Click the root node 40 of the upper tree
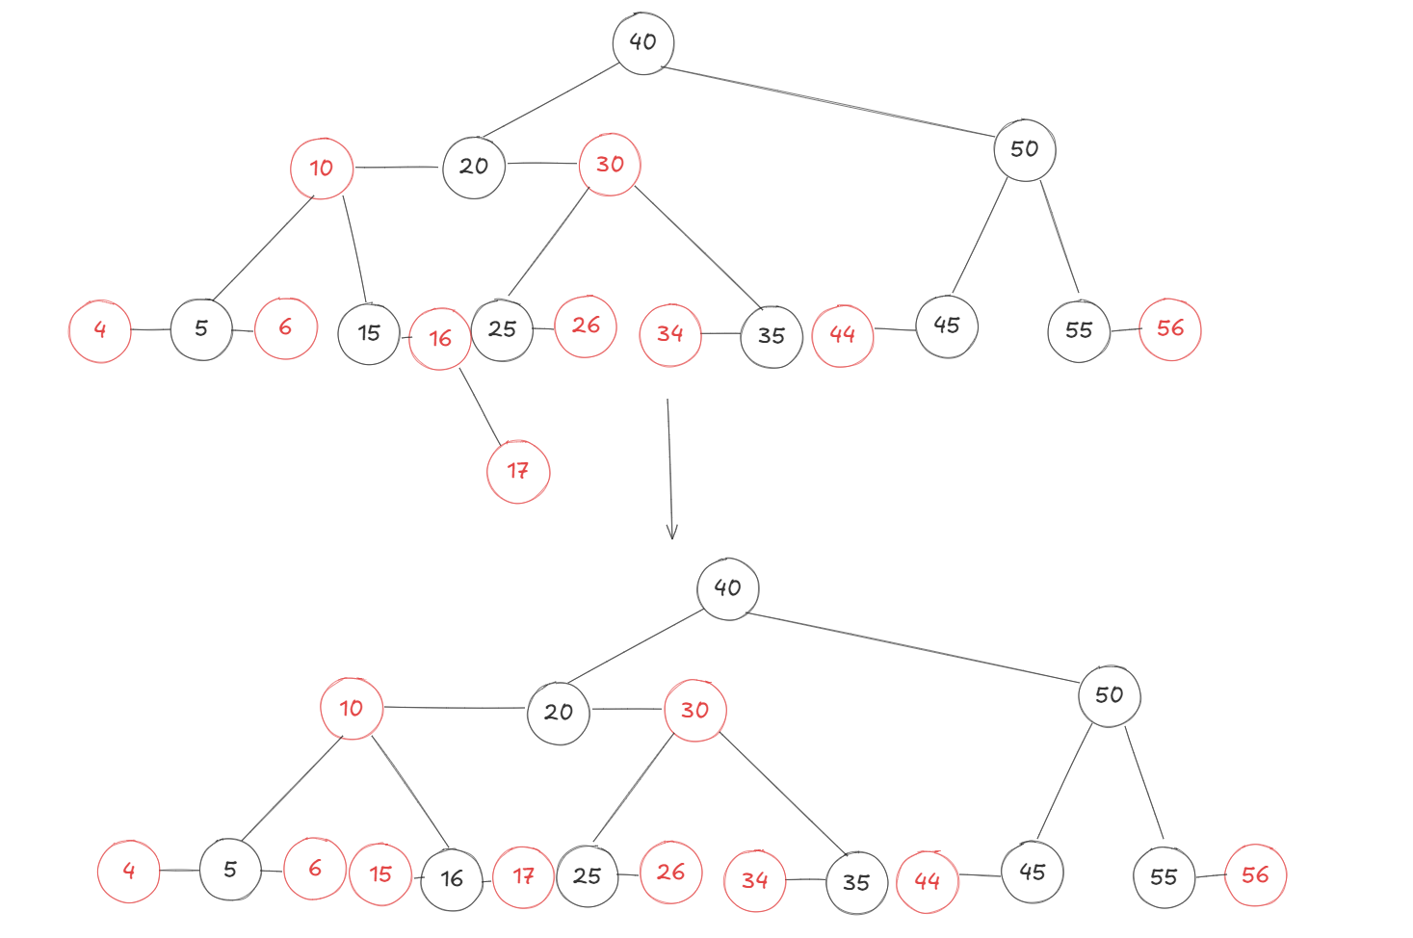(642, 43)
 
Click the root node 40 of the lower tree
(727, 588)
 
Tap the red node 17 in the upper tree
(518, 472)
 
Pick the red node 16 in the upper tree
(440, 339)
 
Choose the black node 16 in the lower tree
(452, 879)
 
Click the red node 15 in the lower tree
(380, 874)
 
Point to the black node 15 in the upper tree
(369, 334)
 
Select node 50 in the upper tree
(1025, 149)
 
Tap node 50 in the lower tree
(1110, 695)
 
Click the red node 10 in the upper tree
(322, 169)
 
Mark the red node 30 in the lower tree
(694, 711)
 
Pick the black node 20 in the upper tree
(474, 168)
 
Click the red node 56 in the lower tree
(1255, 875)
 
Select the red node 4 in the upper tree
(100, 330)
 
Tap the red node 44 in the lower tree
(928, 881)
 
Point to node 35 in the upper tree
(772, 336)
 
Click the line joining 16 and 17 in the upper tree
(481, 406)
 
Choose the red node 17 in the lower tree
(523, 876)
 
